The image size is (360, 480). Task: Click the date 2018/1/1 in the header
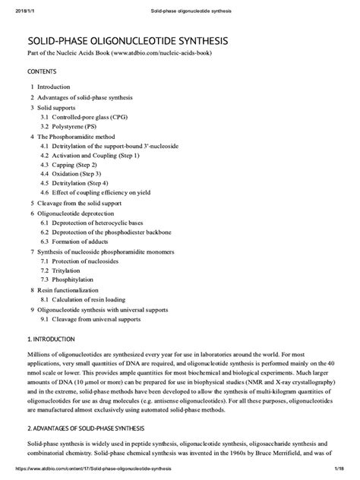tap(27, 11)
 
